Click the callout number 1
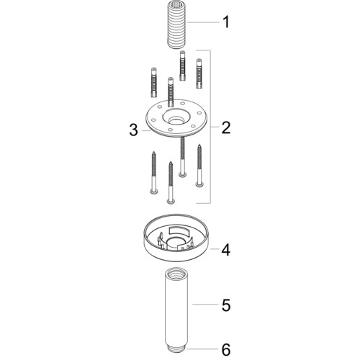tap(226, 22)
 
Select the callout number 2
tap(226, 127)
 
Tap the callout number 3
tap(134, 130)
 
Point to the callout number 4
tap(226, 250)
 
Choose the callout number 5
tap(226, 305)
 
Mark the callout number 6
tap(226, 349)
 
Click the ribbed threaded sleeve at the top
tap(177, 29)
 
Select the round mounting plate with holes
tap(176, 118)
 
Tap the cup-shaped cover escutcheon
tap(176, 238)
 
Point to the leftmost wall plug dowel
tap(153, 83)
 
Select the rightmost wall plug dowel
tap(199, 73)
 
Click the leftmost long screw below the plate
tap(153, 172)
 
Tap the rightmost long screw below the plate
tap(199, 165)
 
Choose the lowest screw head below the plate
tap(171, 201)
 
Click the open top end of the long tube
tap(176, 272)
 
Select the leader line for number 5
tap(205, 305)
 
